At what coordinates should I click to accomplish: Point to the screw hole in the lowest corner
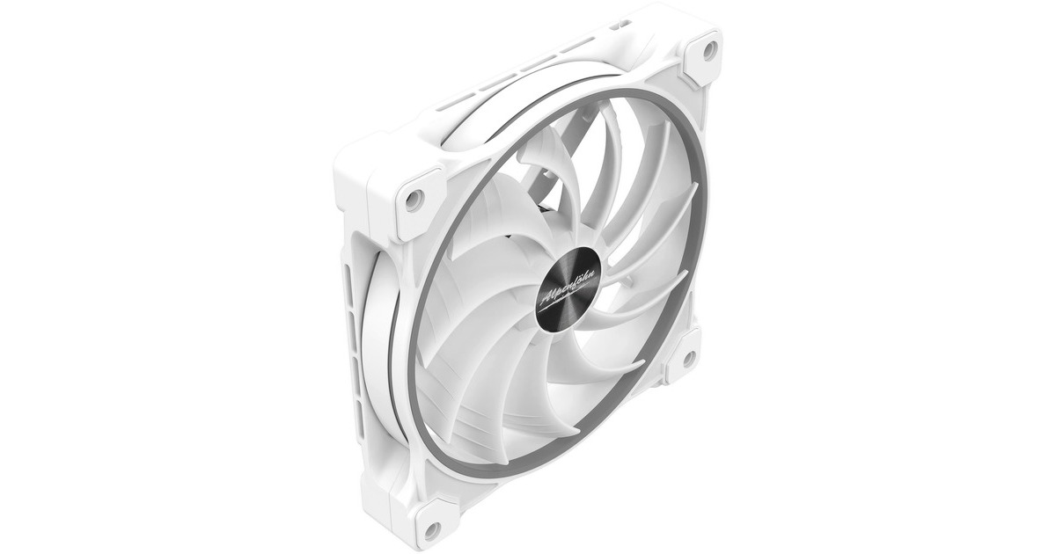(x=430, y=528)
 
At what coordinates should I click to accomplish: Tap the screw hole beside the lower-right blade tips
(x=688, y=358)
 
